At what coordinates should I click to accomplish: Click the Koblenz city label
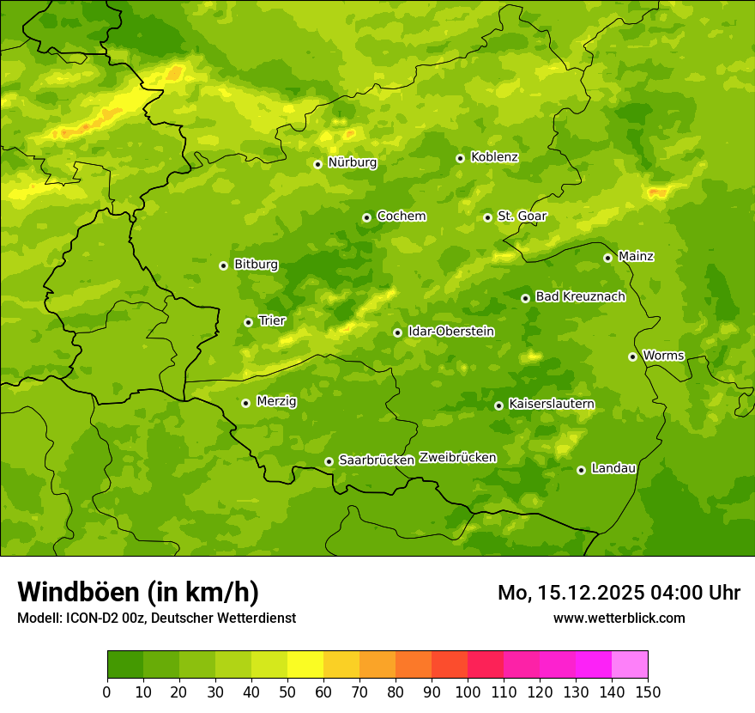pyautogui.click(x=494, y=157)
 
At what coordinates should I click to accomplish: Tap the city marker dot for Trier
pyautogui.click(x=248, y=322)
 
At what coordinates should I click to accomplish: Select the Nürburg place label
pyautogui.click(x=352, y=162)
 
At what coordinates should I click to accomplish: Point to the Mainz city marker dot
pyautogui.click(x=607, y=258)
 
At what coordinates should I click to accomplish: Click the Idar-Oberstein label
pyautogui.click(x=450, y=332)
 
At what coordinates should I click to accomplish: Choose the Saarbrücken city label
pyautogui.click(x=377, y=460)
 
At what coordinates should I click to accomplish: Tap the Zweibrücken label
pyautogui.click(x=457, y=458)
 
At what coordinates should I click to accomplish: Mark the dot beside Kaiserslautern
pyautogui.click(x=498, y=405)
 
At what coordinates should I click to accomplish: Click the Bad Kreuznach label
pyautogui.click(x=580, y=297)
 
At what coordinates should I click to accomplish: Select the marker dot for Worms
pyautogui.click(x=632, y=356)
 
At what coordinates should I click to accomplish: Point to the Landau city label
pyautogui.click(x=613, y=469)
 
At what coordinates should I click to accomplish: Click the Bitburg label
pyautogui.click(x=256, y=265)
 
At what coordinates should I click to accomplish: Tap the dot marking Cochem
pyautogui.click(x=366, y=217)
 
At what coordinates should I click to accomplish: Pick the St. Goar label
pyautogui.click(x=522, y=216)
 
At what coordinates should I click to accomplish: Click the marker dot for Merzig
pyautogui.click(x=245, y=403)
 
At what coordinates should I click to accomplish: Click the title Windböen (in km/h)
pyautogui.click(x=137, y=592)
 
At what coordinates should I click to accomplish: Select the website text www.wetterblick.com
pyautogui.click(x=619, y=618)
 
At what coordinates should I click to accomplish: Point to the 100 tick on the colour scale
pyautogui.click(x=468, y=691)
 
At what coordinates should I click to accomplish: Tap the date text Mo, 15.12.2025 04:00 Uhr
pyautogui.click(x=619, y=593)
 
